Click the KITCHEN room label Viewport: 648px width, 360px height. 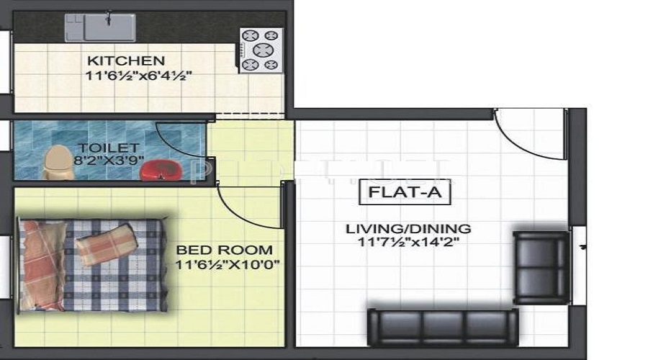pos(126,60)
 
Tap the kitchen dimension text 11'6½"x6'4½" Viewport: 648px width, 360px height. pos(138,76)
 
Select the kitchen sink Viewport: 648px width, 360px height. pos(100,27)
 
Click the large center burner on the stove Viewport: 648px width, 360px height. pos(263,50)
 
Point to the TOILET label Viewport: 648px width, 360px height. pos(108,148)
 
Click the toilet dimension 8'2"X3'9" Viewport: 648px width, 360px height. pos(109,160)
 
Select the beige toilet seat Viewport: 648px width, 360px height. pos(59,163)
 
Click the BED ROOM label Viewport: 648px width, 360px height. pos(225,250)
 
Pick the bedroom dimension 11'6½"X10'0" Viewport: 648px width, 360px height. pos(228,264)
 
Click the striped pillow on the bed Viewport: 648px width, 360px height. pos(107,244)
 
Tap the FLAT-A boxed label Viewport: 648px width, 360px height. pos(405,192)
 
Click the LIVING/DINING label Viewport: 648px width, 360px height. pos(408,228)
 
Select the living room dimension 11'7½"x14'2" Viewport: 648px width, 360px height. pos(408,241)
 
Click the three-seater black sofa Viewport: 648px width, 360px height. pos(443,327)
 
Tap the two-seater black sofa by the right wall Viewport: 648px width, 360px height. pos(541,268)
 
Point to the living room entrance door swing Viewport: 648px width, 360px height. pos(518,145)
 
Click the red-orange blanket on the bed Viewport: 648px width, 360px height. pos(40,264)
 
